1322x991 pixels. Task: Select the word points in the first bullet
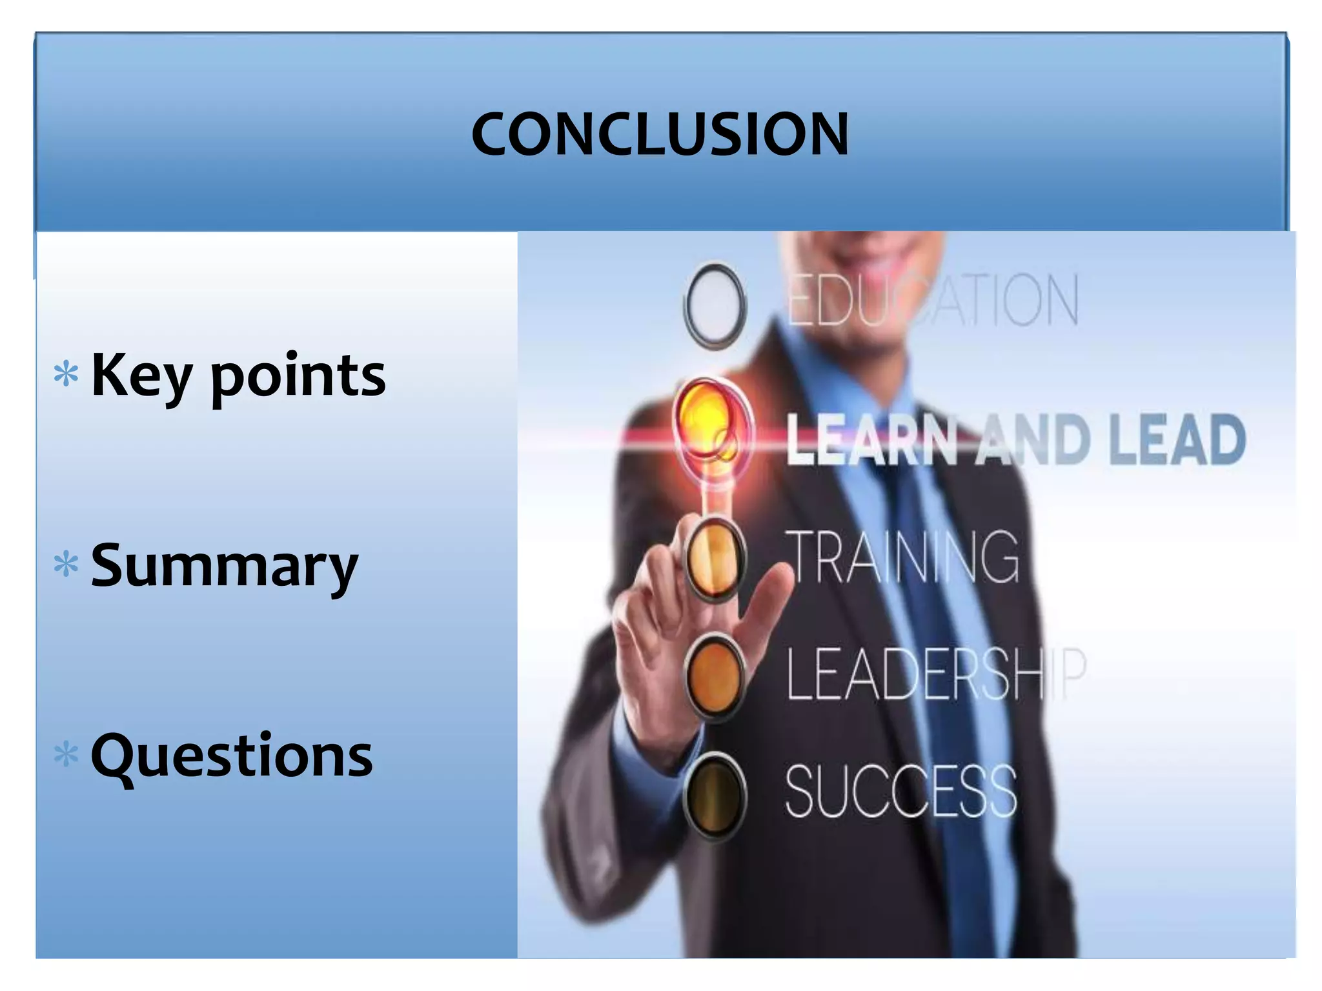tap(298, 377)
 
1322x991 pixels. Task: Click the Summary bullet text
tap(224, 566)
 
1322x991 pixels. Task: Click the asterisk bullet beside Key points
tap(66, 374)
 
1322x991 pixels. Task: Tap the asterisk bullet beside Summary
tap(66, 564)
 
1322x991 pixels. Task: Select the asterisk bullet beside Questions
tap(66, 754)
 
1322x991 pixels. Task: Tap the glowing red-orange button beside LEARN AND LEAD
tap(710, 423)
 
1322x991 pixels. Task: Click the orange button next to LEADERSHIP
tap(715, 676)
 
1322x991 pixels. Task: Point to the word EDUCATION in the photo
tap(933, 300)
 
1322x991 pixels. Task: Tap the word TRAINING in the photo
tap(902, 556)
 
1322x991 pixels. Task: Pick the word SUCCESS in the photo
tap(900, 792)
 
